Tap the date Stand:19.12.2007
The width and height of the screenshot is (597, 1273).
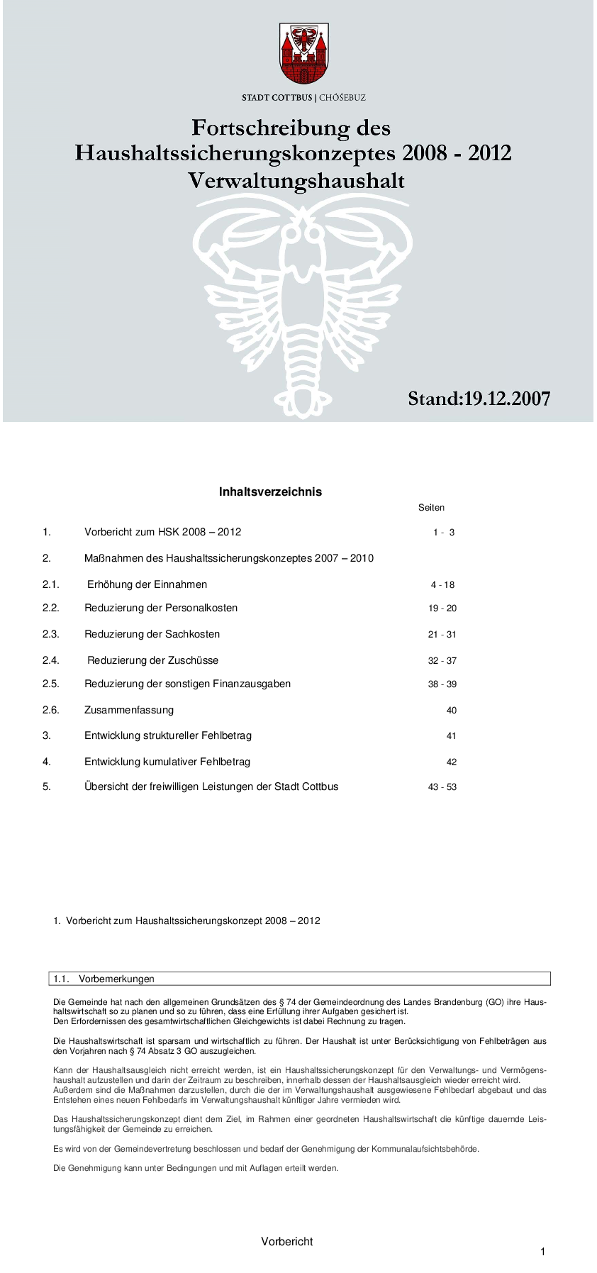tap(479, 399)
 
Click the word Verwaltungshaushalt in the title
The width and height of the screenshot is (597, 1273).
tap(296, 182)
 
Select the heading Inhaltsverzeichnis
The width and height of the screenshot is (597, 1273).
tap(270, 491)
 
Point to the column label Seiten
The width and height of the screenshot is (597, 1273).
tap(431, 508)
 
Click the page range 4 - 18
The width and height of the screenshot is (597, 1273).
tap(442, 585)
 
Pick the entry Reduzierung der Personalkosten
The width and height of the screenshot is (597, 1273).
tap(161, 608)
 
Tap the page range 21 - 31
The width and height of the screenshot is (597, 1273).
tap(442, 635)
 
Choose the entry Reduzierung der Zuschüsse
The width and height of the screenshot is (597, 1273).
tap(152, 660)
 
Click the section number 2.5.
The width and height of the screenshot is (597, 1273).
tap(50, 684)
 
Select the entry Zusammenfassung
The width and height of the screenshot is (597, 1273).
tap(129, 710)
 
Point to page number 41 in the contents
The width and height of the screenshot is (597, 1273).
tap(452, 736)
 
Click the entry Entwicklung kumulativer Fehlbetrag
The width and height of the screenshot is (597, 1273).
tap(167, 762)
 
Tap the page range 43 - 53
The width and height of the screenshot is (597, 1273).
tap(442, 787)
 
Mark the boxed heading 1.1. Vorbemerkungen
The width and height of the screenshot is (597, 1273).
tap(104, 979)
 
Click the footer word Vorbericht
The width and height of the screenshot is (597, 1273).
tap(286, 1242)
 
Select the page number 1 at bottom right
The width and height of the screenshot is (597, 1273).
tap(543, 1252)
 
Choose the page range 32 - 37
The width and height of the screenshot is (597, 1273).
tap(442, 661)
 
